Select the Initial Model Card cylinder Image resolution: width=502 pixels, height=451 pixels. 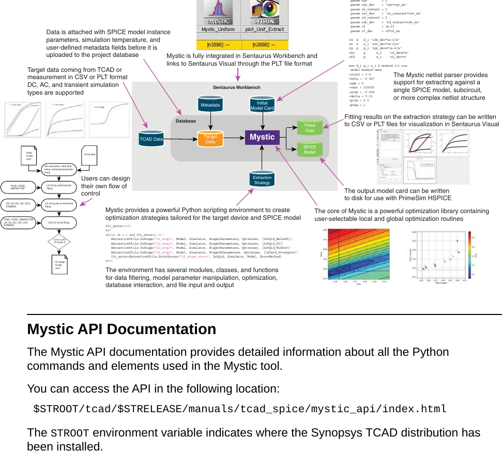click(x=262, y=105)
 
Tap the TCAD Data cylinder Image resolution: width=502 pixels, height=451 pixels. click(x=151, y=139)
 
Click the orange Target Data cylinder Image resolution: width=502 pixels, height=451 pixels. click(x=210, y=139)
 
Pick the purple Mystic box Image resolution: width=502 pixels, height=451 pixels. click(x=262, y=137)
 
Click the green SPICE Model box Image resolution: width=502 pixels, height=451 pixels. click(x=310, y=149)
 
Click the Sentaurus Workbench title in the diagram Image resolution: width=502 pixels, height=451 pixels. click(x=237, y=87)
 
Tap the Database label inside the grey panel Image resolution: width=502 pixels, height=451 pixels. click(x=186, y=121)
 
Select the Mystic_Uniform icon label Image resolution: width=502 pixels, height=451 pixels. click(x=219, y=29)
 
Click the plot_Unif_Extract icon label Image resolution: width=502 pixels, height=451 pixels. click(x=269, y=29)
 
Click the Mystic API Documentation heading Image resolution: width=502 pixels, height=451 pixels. click(x=121, y=329)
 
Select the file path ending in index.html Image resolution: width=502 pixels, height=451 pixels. click(x=240, y=409)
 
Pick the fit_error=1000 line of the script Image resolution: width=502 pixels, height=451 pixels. click(x=118, y=227)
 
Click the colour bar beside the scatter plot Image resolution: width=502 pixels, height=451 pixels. click(x=469, y=253)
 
